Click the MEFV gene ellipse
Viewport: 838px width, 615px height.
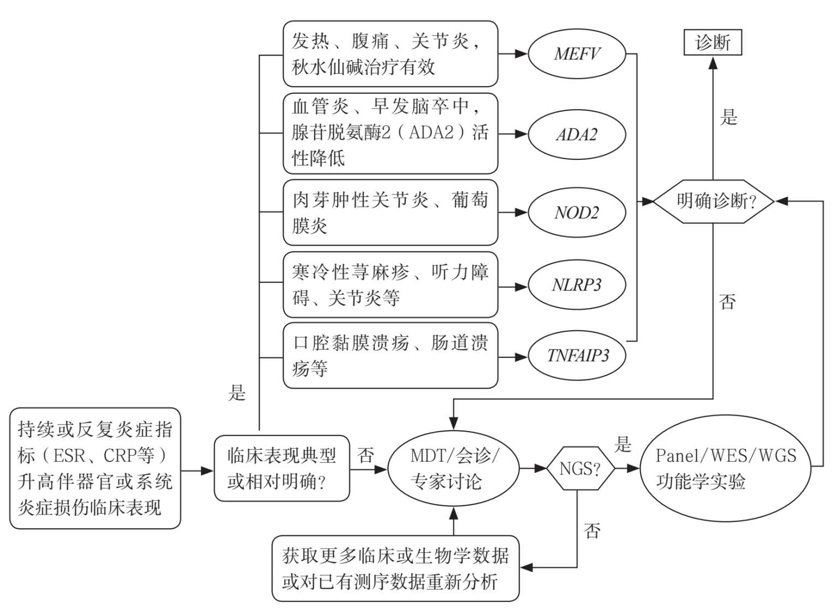577,54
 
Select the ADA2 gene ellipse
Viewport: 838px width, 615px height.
577,134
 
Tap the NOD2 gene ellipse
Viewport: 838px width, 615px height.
577,212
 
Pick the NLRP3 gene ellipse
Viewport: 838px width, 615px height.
577,285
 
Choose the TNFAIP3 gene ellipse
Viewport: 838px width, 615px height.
577,356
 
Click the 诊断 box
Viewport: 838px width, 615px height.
713,43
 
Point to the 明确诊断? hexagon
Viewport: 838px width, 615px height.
714,201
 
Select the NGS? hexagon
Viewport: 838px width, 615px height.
580,468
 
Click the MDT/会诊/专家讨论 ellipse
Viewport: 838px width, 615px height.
453,468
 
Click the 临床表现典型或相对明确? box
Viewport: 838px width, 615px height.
282,468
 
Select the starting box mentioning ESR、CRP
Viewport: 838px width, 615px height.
95,468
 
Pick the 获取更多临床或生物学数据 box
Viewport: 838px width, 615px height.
395,568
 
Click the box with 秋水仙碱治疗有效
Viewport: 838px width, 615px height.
390,54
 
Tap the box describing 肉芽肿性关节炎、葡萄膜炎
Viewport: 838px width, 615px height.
390,212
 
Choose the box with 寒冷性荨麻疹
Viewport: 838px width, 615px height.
390,285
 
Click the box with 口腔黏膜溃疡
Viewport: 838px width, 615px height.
390,356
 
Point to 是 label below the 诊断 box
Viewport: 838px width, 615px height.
729,117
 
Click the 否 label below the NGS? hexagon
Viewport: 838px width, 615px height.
592,530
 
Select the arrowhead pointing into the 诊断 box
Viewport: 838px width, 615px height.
713,63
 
